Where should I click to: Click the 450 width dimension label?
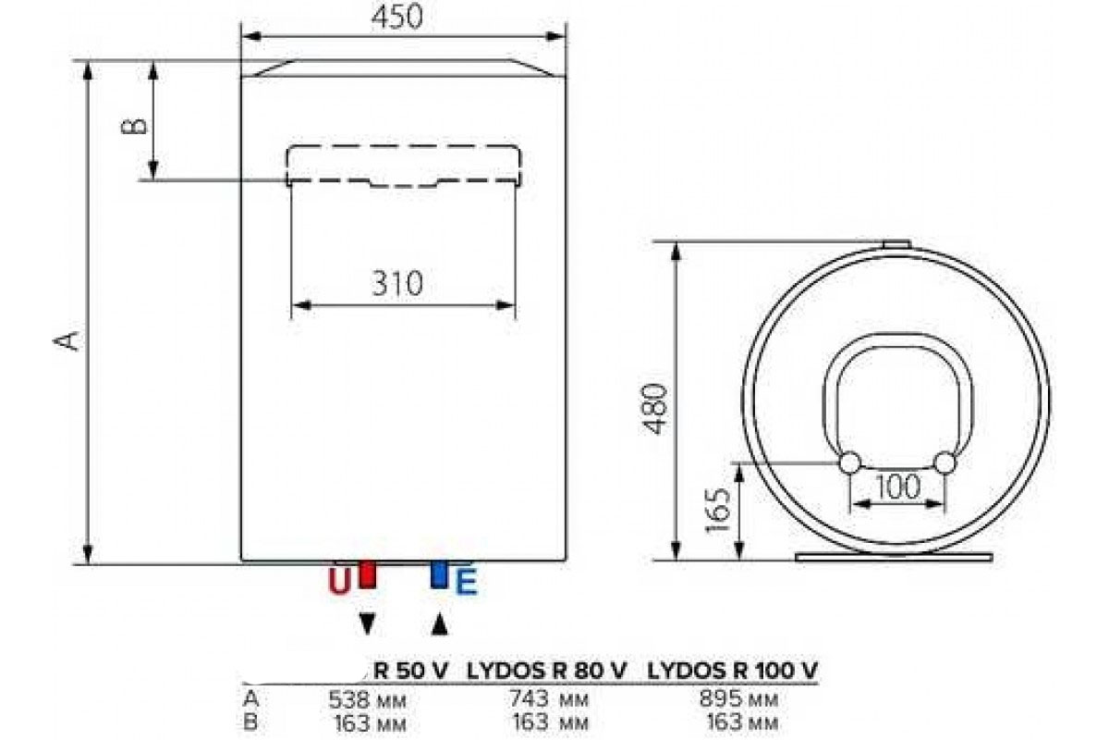[397, 17]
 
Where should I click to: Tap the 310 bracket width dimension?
[397, 283]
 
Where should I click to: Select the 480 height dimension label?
[656, 409]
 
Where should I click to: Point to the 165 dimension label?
[718, 511]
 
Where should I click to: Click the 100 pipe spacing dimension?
[898, 487]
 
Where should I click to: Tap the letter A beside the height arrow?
[67, 341]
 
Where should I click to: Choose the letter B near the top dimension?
[134, 126]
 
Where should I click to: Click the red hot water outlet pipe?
[367, 574]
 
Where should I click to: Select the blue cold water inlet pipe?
[439, 574]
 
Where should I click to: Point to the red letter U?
[340, 582]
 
